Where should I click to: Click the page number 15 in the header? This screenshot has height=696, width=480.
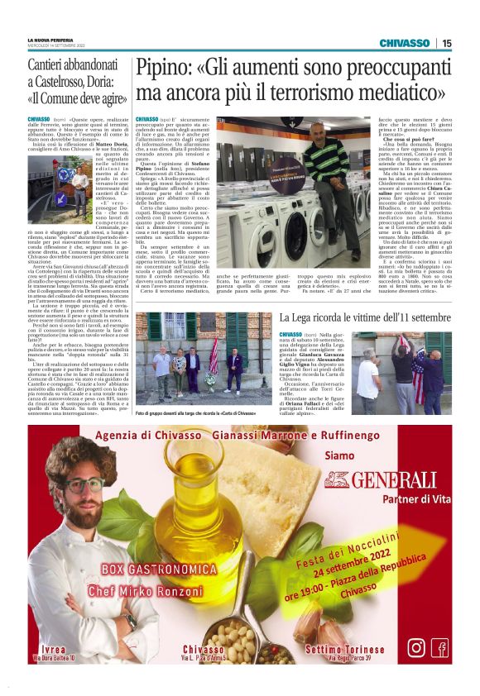(x=446, y=43)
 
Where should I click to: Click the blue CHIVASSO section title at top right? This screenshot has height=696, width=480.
(x=404, y=43)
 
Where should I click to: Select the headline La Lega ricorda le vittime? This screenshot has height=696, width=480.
(x=364, y=318)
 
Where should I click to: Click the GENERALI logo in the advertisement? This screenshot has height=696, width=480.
(x=382, y=479)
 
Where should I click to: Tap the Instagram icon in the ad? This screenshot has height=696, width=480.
(x=417, y=648)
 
